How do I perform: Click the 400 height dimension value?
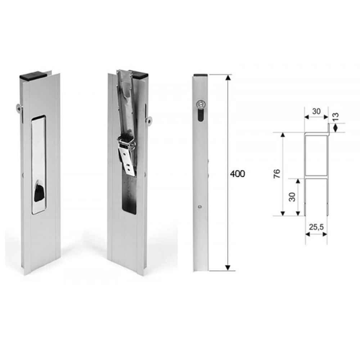237,174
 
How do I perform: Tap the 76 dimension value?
277,174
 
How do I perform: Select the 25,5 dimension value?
316,227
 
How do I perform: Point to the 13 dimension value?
336,117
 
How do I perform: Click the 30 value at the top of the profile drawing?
316,111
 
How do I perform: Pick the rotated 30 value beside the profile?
292,197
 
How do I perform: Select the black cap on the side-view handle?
201,75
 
